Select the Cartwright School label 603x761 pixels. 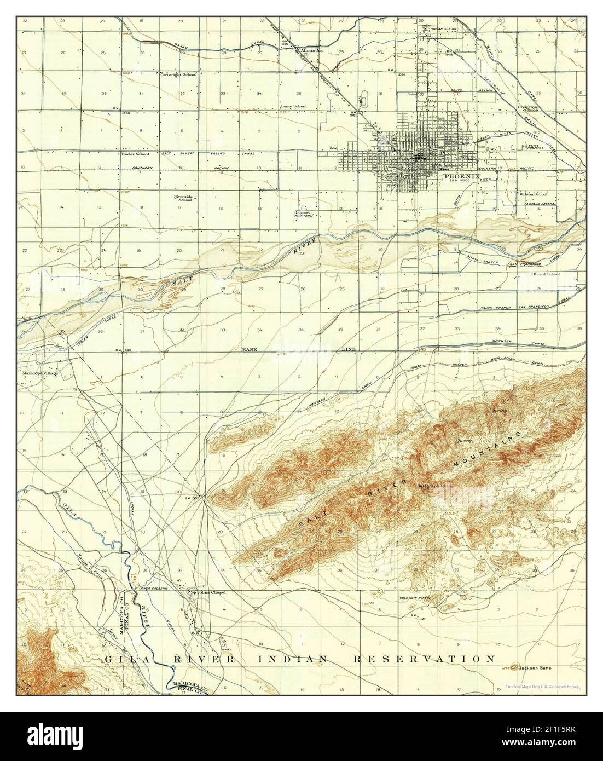[178, 74]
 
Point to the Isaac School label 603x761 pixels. [293, 106]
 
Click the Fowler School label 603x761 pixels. [135, 154]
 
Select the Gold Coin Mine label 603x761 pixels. [417, 598]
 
